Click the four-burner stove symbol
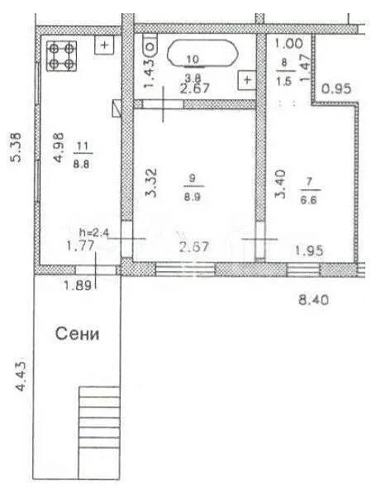pos(62,56)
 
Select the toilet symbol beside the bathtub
pos(150,46)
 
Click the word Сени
pos(77,334)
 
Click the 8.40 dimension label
pos(313,300)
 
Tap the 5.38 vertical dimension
pos(17,148)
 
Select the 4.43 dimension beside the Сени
pos(21,376)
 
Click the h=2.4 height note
pos(93,233)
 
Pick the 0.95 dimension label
pos(336,89)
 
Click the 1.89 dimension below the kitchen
pos(78,285)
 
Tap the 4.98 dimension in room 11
pos(59,148)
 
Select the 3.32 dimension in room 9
pos(152,183)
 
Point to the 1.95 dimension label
pos(309,250)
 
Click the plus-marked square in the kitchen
pos(104,45)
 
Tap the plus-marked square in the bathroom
pos(247,80)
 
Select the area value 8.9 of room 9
pos(193,197)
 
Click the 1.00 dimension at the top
pos(289,44)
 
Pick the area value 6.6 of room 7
pos(308,200)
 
